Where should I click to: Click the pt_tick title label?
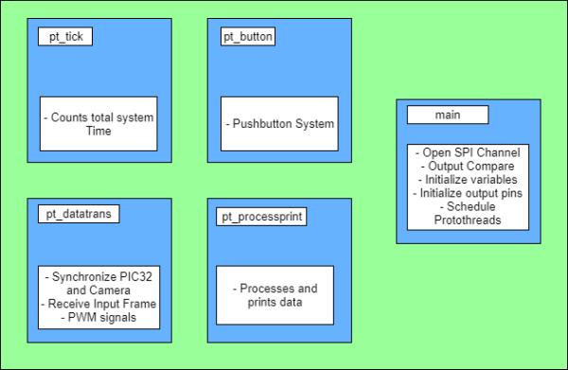(65, 37)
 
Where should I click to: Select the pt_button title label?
(248, 37)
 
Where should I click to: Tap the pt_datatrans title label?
(79, 214)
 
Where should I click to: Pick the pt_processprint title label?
(261, 217)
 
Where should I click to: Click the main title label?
(448, 115)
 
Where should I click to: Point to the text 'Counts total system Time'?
(98, 124)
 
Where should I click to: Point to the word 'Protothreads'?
(468, 220)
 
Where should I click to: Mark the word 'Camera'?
(110, 291)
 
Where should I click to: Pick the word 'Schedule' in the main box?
(470, 206)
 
